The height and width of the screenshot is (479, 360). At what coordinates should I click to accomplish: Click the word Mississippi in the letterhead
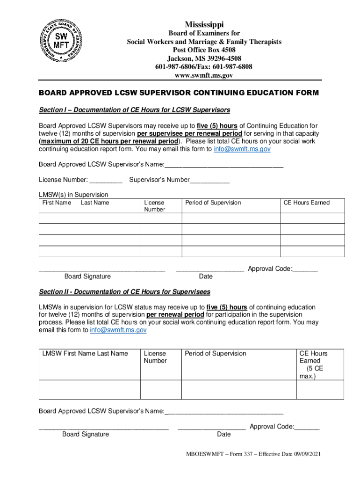coord(204,24)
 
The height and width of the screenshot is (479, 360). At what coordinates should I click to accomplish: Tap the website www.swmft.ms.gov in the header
coord(204,75)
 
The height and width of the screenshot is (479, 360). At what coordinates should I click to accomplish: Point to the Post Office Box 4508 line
coord(204,50)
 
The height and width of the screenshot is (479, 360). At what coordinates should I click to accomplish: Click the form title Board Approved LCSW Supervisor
coord(179,93)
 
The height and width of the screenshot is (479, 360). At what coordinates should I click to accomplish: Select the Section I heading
coord(134,110)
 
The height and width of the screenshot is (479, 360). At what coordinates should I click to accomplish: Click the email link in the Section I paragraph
coord(242,149)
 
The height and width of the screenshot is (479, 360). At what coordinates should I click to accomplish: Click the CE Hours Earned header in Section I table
coord(307,203)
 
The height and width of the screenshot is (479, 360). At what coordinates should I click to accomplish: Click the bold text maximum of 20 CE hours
coord(109,141)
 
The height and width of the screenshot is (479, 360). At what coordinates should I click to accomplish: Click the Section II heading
coord(124,292)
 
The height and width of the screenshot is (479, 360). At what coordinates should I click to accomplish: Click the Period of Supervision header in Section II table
coord(216,354)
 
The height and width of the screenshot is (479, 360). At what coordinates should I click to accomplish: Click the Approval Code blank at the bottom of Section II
coord(308,427)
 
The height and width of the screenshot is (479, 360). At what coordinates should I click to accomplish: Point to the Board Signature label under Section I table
coord(87,276)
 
